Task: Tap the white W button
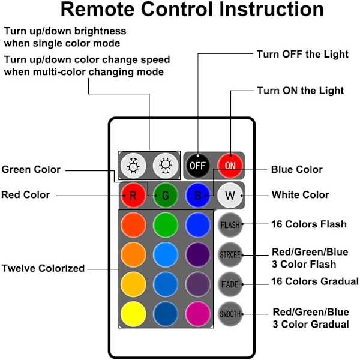[x=229, y=195]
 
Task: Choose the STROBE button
[x=230, y=254]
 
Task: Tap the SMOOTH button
[x=230, y=313]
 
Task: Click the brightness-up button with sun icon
[x=133, y=166]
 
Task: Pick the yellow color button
[x=133, y=313]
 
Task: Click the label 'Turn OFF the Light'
[x=302, y=55]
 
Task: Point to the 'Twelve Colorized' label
[x=43, y=268]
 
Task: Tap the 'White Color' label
[x=300, y=195]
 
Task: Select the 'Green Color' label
[x=31, y=170]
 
